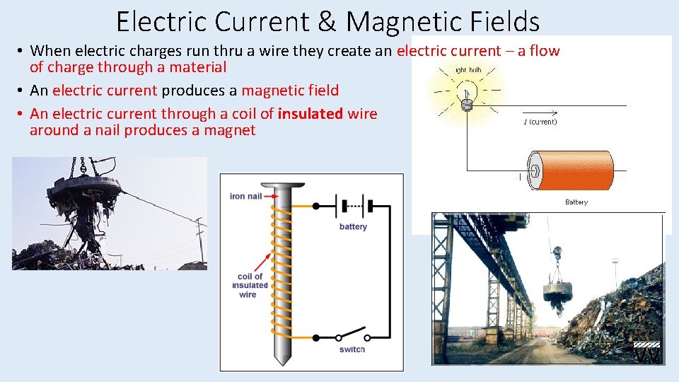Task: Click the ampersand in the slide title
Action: [x=327, y=21]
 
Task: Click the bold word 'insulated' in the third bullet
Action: [x=310, y=114]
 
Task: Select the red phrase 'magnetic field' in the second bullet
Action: [x=290, y=91]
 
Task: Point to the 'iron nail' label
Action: [x=247, y=196]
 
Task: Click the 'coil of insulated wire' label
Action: [x=250, y=285]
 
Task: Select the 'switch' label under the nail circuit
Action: [x=352, y=349]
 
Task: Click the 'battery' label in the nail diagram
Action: [x=353, y=227]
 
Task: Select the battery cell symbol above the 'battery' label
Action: [x=353, y=207]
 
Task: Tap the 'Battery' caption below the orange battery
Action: [x=576, y=202]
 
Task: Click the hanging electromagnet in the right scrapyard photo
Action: [x=556, y=292]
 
